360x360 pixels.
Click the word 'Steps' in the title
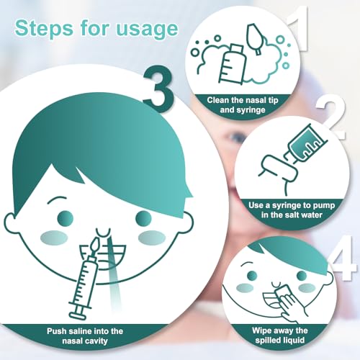pyautogui.click(x=44, y=28)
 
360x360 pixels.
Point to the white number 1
pyautogui.click(x=300, y=28)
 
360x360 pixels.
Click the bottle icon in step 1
pyautogui.click(x=232, y=64)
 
